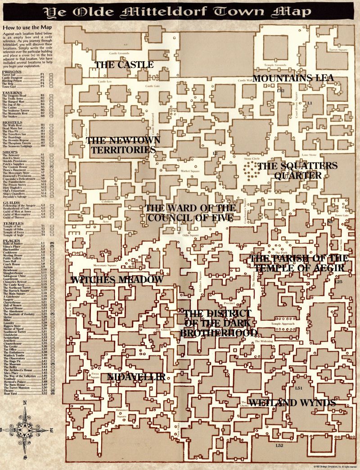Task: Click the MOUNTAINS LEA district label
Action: pos(293,78)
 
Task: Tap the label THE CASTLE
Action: pos(124,65)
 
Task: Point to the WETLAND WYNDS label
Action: pos(292,403)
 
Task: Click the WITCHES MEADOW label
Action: pos(117,280)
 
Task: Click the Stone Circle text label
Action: pos(252,159)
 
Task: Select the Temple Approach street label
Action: pos(282,324)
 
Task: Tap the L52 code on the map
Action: pos(279,446)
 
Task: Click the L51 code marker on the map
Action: pos(298,388)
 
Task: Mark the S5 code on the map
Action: pos(330,222)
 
